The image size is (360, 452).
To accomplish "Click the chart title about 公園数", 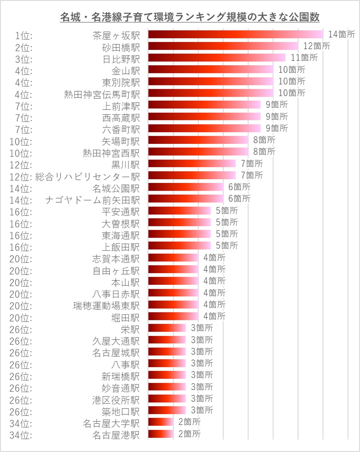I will pos(190,17).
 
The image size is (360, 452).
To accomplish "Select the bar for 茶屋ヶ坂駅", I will pos(235,35).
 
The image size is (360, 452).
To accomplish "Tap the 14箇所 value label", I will pos(341,34).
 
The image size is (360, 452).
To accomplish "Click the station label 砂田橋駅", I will pos(121,47).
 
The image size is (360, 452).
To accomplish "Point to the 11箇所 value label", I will pos(304,58).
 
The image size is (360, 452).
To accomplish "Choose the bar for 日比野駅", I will pos(217,58).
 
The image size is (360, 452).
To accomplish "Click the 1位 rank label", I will pos(24,36).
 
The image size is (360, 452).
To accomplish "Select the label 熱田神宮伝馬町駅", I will pos(102,95).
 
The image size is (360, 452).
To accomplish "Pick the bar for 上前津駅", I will pos(204,105).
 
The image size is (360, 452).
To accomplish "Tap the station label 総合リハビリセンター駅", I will pos(88,177).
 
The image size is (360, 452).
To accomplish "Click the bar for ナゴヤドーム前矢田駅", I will pos(186,199).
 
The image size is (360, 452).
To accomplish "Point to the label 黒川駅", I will pos(126,165).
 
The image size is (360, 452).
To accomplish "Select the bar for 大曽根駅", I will pos(179,222).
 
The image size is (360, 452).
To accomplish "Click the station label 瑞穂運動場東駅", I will pos(106,306).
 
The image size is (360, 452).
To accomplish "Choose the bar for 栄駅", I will pos(167,328).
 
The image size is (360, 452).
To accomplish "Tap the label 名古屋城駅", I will pos(116,353).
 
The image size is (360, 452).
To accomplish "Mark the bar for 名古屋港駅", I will pos(161,434).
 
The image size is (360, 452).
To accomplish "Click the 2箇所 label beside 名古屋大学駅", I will pos(189,422).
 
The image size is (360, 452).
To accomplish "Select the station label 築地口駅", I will pos(120,412).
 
